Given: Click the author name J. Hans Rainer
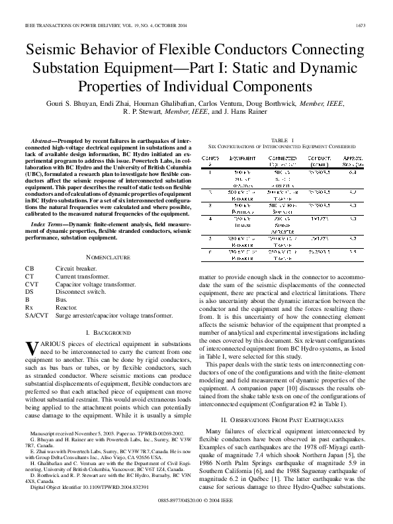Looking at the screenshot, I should (x=247, y=112).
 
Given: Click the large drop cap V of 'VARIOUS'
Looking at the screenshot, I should (x=31, y=348).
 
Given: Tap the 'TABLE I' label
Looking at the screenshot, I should (x=283, y=140).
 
